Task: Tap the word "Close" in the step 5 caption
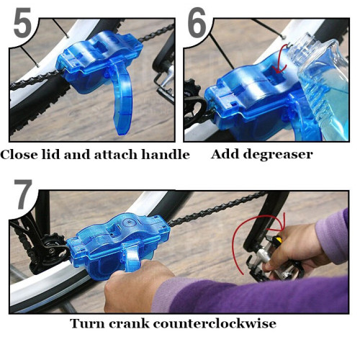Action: [19, 155]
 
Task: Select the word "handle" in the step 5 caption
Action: [167, 155]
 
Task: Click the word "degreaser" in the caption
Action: [276, 155]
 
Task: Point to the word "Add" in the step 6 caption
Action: [224, 154]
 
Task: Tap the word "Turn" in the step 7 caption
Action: [86, 323]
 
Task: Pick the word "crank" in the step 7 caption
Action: [134, 323]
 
